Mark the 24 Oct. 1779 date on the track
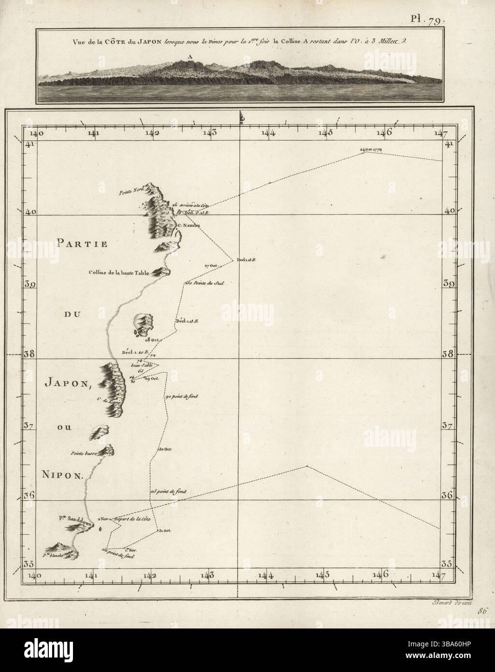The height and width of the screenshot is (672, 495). coord(371,150)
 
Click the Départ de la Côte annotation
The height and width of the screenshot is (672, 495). coord(132,519)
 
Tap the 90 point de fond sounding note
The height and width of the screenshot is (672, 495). coord(181,396)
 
